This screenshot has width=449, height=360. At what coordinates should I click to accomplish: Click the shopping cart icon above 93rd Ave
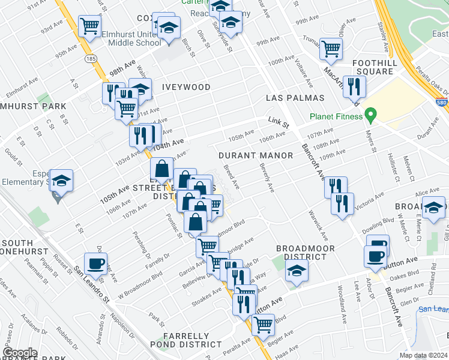(x=90, y=25)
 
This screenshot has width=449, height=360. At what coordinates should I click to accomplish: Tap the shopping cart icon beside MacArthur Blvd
(x=331, y=49)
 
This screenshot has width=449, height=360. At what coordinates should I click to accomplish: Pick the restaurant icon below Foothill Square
(x=354, y=86)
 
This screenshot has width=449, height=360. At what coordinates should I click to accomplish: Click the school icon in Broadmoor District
(x=295, y=271)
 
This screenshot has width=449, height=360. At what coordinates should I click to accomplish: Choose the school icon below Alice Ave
(x=433, y=208)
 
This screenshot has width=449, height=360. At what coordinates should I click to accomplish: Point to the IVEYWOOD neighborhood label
(x=186, y=87)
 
